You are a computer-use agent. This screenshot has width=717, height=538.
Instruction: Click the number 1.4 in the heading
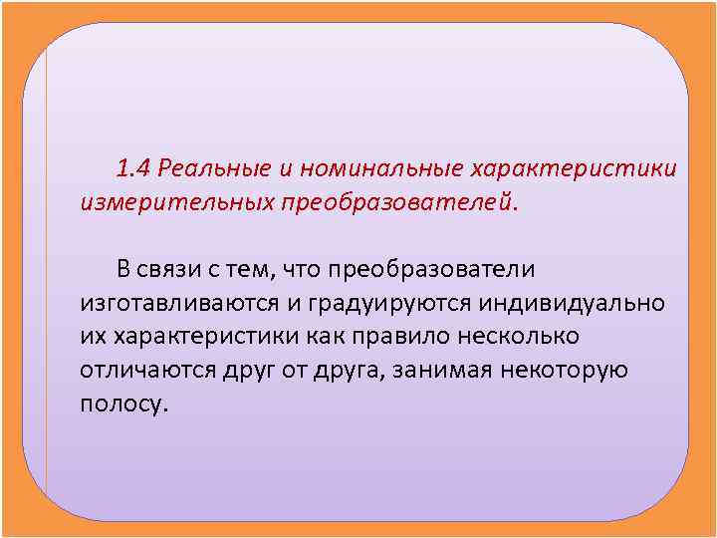(133, 165)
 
